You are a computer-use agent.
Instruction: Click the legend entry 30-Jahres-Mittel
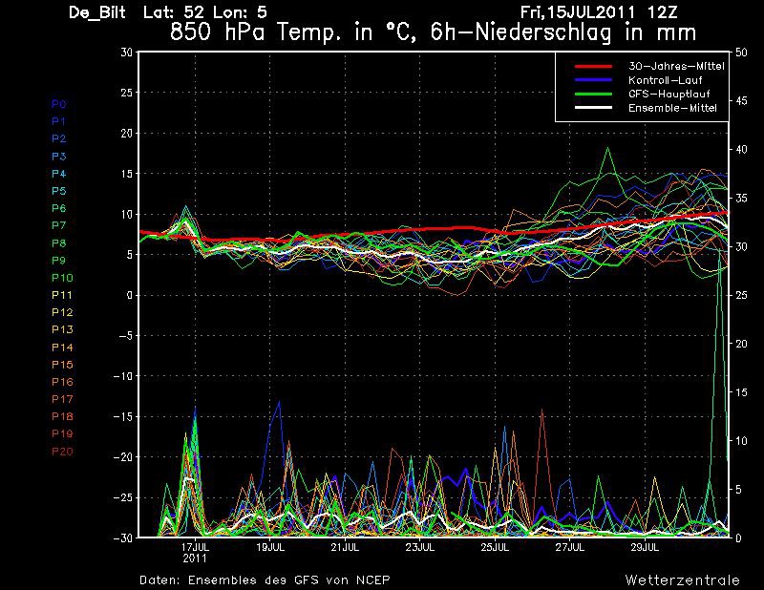click(x=676, y=66)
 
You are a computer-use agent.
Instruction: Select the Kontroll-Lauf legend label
click(x=665, y=80)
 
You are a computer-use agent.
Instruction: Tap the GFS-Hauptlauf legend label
click(x=669, y=94)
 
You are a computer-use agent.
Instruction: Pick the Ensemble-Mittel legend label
click(x=672, y=108)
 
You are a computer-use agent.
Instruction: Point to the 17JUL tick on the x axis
click(x=196, y=547)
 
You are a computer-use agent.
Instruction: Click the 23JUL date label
click(x=420, y=547)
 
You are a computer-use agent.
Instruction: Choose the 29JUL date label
click(x=645, y=547)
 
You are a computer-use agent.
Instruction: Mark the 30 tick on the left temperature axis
click(x=126, y=53)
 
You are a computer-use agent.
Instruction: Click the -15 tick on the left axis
click(x=122, y=416)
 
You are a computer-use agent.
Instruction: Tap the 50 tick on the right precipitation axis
click(x=741, y=53)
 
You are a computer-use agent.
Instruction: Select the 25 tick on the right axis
click(x=741, y=295)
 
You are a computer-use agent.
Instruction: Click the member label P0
click(x=59, y=104)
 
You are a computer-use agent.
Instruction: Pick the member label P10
click(x=62, y=278)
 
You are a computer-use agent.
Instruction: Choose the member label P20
click(x=62, y=452)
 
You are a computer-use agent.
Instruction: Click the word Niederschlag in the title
click(x=542, y=32)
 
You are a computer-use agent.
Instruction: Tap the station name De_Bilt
click(x=97, y=12)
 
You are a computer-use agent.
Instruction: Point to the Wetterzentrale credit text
click(x=682, y=579)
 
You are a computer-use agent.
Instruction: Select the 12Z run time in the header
click(x=662, y=12)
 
